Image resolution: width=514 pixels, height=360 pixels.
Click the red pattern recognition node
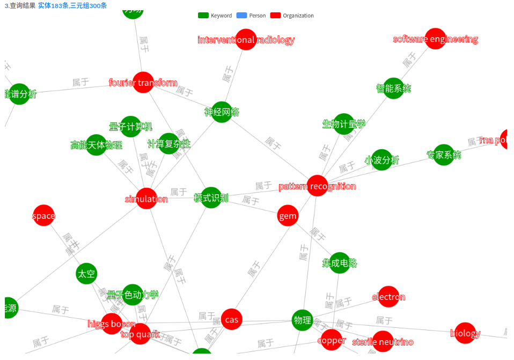pos(317,186)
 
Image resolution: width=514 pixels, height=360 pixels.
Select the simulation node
pos(146,199)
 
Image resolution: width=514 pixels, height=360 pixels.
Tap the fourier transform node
pos(143,83)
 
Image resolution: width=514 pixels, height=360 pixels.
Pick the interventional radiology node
pos(246,40)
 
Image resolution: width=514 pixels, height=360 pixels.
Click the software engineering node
pos(435,39)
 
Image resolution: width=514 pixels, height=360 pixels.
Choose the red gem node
pos(288,216)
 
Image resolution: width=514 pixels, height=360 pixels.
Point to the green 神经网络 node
pos(222,112)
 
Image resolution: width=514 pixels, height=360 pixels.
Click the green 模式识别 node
pos(211,198)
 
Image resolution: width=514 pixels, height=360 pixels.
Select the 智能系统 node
pos(393,89)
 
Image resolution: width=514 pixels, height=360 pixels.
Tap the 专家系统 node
pos(444,155)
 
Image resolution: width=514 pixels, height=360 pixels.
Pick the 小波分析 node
pos(381,160)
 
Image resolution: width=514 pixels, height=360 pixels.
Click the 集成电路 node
pos(340,263)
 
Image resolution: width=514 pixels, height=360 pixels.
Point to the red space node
pos(43,216)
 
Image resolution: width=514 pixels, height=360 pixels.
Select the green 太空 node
pos(86,274)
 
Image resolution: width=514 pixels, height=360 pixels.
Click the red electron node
pos(388,297)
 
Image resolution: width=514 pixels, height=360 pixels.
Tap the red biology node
pos(465,333)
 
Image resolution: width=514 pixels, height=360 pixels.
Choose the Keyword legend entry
pos(215,16)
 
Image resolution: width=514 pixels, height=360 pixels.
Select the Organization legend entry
pos(292,16)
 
